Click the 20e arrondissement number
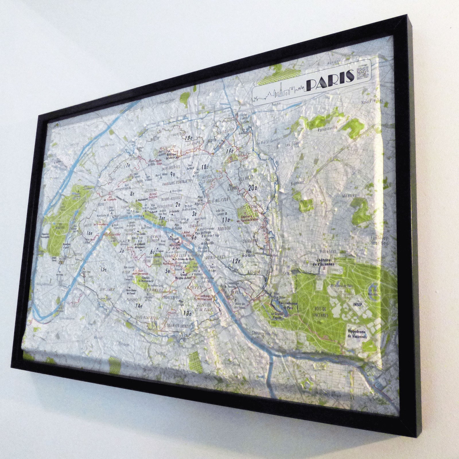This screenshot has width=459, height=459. click(x=253, y=188)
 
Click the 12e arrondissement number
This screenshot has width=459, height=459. click(x=236, y=261)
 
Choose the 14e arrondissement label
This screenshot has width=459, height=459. click(x=139, y=306)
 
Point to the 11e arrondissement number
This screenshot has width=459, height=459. click(x=226, y=220)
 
